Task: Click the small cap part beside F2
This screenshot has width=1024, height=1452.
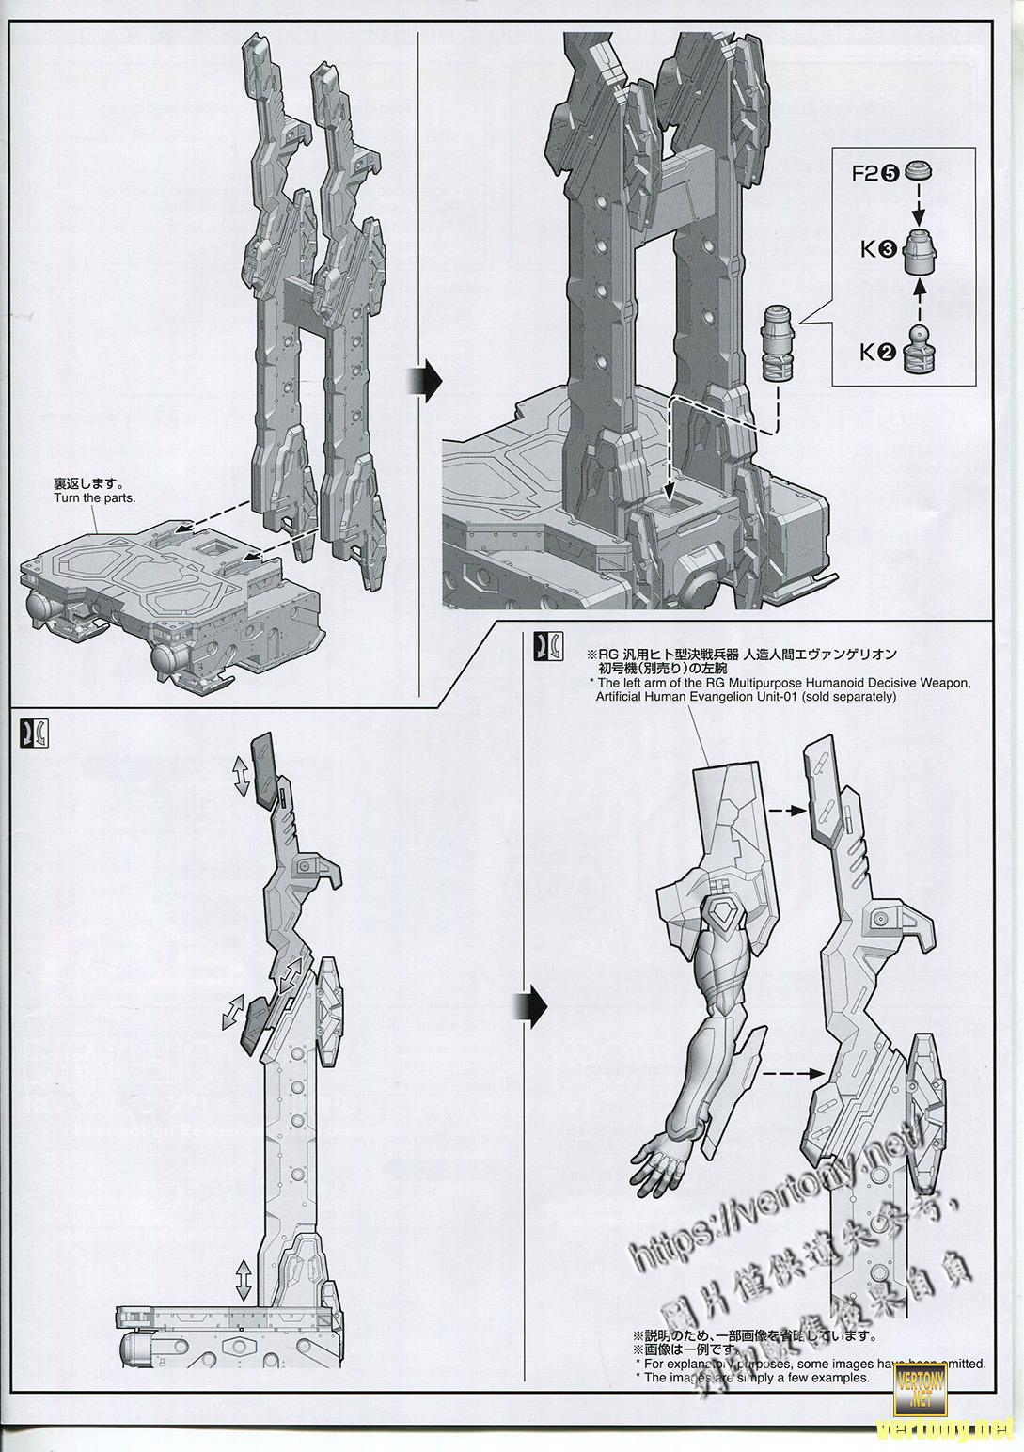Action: coord(919,172)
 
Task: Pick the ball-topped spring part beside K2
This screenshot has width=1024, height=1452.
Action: coord(919,350)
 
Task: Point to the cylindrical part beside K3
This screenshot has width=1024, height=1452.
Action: coord(920,251)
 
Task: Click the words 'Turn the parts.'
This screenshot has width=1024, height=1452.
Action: coord(95,497)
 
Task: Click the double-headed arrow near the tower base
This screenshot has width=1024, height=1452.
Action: coord(243,1279)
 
